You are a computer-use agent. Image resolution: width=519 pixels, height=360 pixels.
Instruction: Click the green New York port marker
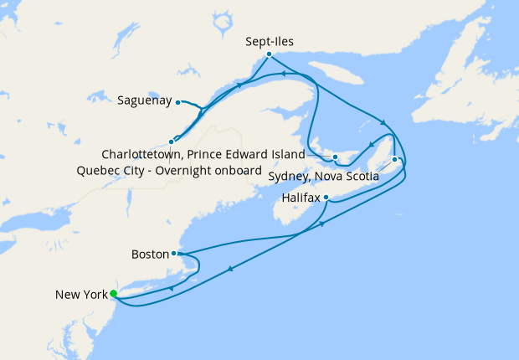pos(113,293)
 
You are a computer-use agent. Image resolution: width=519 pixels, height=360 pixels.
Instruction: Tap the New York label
pos(81,294)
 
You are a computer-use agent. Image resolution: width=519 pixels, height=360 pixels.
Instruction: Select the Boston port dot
pos(173,253)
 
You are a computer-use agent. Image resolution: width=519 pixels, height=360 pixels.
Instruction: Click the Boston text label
pos(150,253)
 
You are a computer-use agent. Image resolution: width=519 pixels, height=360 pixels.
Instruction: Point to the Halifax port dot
pos(326,198)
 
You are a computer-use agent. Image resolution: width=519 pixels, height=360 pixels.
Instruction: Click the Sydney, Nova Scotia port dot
pos(394,159)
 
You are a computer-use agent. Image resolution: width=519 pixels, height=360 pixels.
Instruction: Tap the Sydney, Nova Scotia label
pos(323,177)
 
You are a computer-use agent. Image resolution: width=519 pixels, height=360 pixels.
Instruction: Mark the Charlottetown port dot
pos(334,157)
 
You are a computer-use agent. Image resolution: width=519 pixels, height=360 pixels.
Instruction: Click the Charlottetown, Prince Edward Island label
pos(203,155)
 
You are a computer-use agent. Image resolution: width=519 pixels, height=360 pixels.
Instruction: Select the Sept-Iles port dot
pos(269,54)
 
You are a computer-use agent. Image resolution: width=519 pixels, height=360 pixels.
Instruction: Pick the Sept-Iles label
pos(270,39)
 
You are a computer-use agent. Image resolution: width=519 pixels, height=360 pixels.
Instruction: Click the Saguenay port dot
pos(178,102)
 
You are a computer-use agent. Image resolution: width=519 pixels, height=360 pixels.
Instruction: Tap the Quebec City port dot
pos(172,141)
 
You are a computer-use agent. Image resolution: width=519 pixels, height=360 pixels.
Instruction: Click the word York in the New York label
pos(95,294)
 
